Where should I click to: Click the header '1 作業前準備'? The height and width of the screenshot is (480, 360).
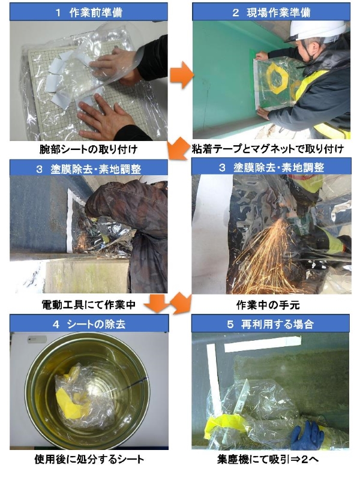89,12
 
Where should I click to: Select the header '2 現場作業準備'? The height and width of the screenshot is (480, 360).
271,12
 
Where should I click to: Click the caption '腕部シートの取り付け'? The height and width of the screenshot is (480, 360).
88,149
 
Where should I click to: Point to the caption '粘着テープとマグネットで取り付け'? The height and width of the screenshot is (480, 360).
268,149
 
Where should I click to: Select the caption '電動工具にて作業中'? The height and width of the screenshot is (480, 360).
88,305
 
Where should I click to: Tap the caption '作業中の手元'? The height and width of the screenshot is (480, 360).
268,305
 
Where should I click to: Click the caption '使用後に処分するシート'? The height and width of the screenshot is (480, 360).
89,459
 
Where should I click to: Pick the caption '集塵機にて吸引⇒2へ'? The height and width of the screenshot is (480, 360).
268,459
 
